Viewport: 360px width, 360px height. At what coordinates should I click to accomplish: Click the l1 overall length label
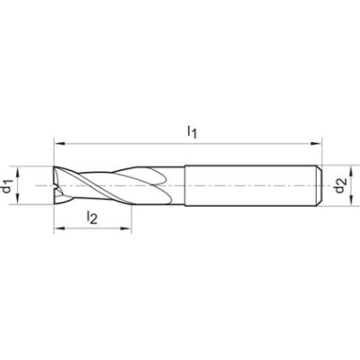(x=191, y=131)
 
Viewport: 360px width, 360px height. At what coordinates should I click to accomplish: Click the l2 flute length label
(x=92, y=216)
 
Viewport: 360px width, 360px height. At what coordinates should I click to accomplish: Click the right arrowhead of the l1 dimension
(x=319, y=142)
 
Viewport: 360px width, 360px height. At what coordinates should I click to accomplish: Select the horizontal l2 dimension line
(x=99, y=229)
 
